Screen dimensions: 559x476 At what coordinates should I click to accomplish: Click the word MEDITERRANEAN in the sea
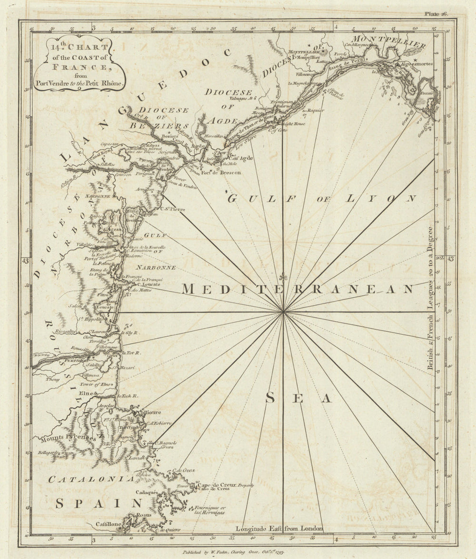[298, 289]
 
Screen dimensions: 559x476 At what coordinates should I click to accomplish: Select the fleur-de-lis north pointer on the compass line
[284, 277]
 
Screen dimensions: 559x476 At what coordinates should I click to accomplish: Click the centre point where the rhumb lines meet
[284, 312]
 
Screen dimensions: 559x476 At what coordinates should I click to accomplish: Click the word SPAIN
[99, 503]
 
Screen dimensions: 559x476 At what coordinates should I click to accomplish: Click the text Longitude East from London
[279, 528]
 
